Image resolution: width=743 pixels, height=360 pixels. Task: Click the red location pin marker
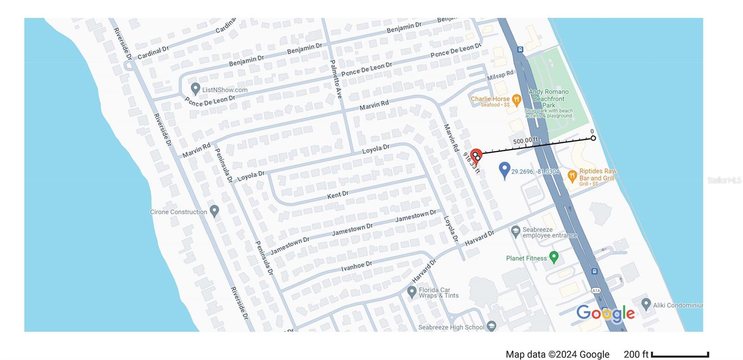[x=476, y=156]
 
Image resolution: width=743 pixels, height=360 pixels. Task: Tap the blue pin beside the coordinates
[x=504, y=170]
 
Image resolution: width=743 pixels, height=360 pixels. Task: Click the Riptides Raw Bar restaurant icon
[x=572, y=176]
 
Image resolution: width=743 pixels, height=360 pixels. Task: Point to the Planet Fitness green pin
[x=554, y=256]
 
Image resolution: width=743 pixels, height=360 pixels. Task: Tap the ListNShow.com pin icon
[x=196, y=88]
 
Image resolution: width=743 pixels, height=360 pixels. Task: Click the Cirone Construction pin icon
[x=214, y=211]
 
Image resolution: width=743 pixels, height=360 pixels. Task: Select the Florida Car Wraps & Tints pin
[x=411, y=291]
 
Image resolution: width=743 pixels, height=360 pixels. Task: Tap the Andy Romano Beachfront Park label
[x=548, y=98]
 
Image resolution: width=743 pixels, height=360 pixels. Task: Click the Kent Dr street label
[x=338, y=195]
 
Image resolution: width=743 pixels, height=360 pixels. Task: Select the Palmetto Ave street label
[x=336, y=79]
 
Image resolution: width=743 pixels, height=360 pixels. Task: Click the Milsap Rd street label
[x=500, y=75]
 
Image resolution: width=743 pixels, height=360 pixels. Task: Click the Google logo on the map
[x=606, y=314]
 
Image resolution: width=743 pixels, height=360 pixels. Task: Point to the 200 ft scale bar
[x=680, y=355]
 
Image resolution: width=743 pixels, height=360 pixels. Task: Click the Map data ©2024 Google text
[x=557, y=354]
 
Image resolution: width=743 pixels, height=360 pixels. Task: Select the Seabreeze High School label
[x=451, y=327]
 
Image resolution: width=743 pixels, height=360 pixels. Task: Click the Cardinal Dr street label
[x=153, y=52]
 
